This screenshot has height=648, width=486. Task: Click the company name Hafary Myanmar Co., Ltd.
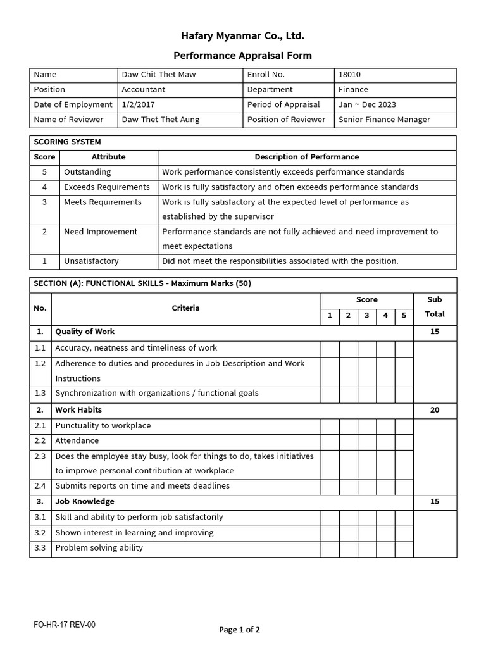pos(243,35)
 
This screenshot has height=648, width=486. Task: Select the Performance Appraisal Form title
pos(243,56)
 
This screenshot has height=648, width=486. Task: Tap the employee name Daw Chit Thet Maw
pos(159,75)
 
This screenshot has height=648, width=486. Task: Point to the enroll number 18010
pos(349,75)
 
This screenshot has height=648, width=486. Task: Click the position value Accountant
pos(144,90)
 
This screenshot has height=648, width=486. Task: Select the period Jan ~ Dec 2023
pos(367,104)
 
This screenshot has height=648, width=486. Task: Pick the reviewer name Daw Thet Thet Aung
pos(160,120)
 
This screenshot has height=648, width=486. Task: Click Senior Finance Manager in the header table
pos(384,120)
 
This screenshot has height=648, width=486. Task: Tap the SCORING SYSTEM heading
pos(67,142)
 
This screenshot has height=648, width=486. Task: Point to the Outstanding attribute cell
pos(87,172)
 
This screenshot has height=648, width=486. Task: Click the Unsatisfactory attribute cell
pos(91,261)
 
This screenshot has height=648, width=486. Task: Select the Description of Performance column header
pos(306,157)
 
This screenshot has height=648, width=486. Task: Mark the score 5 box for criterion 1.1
pos(404,348)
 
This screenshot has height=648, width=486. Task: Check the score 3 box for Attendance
pos(367,441)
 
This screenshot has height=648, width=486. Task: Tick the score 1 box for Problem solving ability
pos(330,549)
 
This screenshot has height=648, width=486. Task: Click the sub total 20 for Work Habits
pos(435,410)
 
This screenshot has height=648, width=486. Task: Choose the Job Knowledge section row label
pos(85,502)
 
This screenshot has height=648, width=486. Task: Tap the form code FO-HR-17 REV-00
pos(65,625)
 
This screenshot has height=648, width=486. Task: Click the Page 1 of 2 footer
pos(239,630)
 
